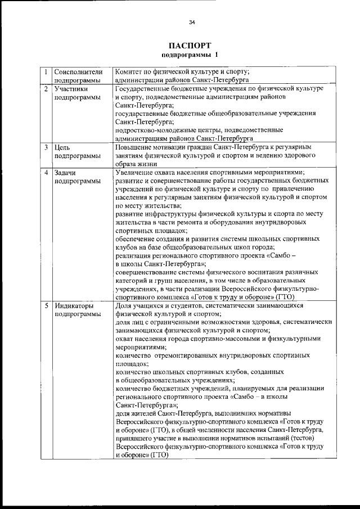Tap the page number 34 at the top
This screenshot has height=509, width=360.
[192, 22]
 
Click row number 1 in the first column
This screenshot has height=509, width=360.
[46, 72]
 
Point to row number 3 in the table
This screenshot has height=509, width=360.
[46, 147]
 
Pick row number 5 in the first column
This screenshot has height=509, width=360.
[46, 305]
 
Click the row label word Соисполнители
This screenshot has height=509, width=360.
[78, 72]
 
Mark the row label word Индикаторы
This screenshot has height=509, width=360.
[75, 305]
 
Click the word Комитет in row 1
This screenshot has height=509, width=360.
[129, 72]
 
